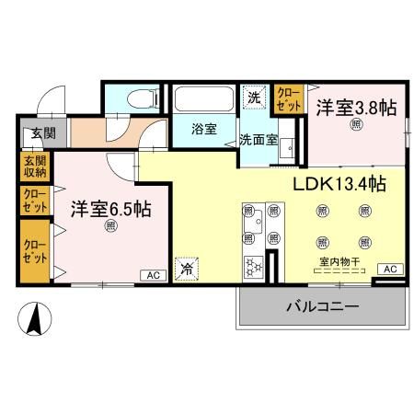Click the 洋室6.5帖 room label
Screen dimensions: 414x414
[111, 207]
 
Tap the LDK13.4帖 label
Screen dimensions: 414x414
[338, 184]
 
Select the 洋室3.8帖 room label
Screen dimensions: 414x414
[356, 108]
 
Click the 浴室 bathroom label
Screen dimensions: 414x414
[204, 130]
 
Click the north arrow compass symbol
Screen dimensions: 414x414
[34, 320]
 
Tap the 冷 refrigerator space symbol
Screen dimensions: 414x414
[187, 269]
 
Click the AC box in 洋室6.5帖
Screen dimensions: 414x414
[149, 275]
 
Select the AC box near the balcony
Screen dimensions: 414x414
[390, 269]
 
